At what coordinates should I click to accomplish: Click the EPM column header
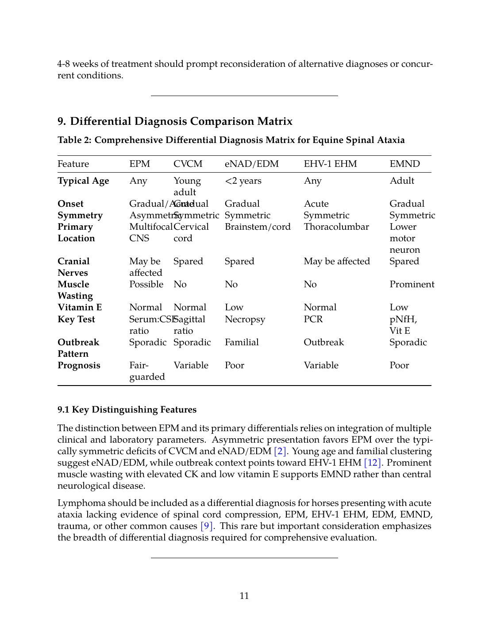point(139,164)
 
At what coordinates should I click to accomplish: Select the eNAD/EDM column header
point(251,164)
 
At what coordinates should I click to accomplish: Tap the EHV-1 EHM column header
point(330,164)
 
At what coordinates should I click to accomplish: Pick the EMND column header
point(404,164)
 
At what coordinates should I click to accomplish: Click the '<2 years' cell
point(243,181)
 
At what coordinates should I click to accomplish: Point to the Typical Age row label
point(83,181)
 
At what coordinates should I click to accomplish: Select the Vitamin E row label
point(80,307)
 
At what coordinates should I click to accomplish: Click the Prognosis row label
point(79,365)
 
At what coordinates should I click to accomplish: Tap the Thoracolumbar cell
point(336,227)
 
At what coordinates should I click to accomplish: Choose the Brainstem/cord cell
point(258,227)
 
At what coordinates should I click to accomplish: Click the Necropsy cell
point(245,319)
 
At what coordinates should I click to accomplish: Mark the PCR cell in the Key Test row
point(313,319)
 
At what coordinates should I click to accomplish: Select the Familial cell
point(242,342)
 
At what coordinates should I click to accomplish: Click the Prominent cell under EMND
point(412,284)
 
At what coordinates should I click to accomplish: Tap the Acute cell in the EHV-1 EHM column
point(316,204)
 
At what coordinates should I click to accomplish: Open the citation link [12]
point(372,463)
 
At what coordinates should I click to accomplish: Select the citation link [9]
point(207,526)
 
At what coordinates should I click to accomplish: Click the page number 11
point(244,596)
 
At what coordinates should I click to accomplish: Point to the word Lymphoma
point(81,503)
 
